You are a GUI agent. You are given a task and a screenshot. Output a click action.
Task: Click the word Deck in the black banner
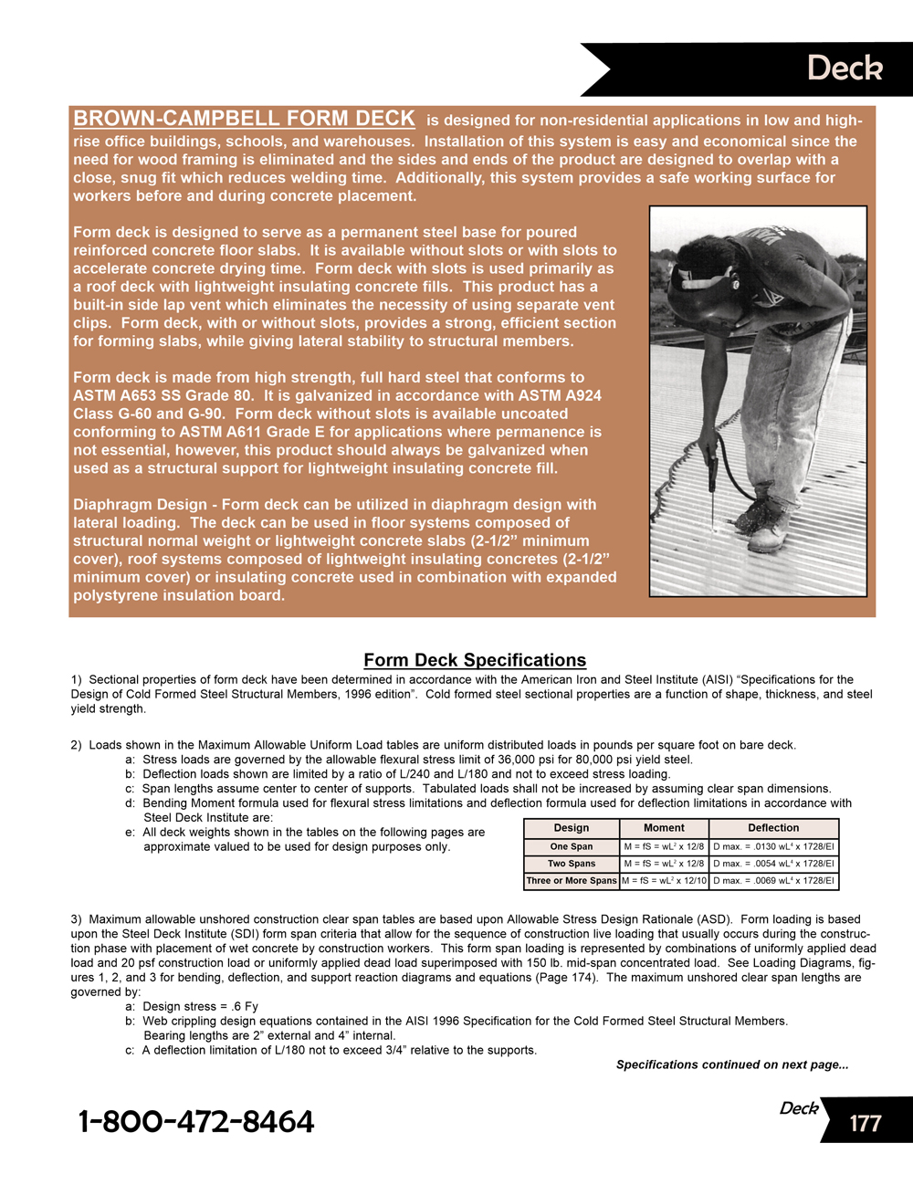pyautogui.click(x=845, y=68)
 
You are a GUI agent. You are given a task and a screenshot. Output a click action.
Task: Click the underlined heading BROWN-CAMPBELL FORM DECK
pyautogui.click(x=244, y=119)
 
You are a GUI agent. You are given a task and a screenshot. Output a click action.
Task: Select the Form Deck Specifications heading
pyautogui.click(x=475, y=660)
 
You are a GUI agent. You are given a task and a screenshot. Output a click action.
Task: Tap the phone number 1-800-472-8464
pyautogui.click(x=196, y=1121)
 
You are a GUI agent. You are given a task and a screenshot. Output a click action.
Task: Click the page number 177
pyautogui.click(x=865, y=1123)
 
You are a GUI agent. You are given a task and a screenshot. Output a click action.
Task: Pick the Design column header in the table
pyautogui.click(x=572, y=828)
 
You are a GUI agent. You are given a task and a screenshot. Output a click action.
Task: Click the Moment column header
pyautogui.click(x=664, y=828)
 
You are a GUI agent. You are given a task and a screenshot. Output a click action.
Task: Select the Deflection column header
pyautogui.click(x=773, y=828)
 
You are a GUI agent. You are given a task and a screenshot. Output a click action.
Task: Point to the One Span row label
pyautogui.click(x=572, y=846)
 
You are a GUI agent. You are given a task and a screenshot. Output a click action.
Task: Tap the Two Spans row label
pyautogui.click(x=572, y=864)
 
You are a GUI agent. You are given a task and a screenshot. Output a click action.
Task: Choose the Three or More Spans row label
pyautogui.click(x=572, y=881)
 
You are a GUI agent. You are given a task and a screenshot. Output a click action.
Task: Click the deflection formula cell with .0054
pyautogui.click(x=773, y=864)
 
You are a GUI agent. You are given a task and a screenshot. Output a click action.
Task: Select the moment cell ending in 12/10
pyautogui.click(x=665, y=881)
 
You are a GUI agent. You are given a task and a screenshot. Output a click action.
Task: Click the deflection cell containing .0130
pyautogui.click(x=773, y=846)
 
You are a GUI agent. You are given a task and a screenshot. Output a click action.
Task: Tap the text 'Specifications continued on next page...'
pyautogui.click(x=732, y=1064)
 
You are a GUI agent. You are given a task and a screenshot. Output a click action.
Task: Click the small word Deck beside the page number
pyautogui.click(x=799, y=1108)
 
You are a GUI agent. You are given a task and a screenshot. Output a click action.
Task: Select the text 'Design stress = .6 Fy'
pyautogui.click(x=200, y=1006)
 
